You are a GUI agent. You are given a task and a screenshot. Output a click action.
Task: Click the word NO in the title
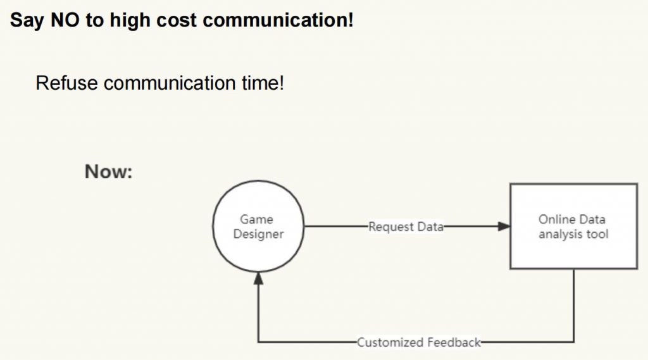click(65, 20)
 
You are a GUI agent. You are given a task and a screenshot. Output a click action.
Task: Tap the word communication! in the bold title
click(278, 20)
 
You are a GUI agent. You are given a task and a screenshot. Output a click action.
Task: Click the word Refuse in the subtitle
click(66, 83)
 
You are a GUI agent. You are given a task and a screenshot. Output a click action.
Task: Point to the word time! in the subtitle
click(263, 83)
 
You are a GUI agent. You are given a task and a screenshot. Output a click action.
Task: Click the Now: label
click(109, 171)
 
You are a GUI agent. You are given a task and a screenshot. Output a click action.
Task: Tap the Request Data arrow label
click(406, 227)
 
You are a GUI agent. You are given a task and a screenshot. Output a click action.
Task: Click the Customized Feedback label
click(419, 342)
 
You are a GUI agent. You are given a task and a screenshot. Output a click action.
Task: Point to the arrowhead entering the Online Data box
click(504, 226)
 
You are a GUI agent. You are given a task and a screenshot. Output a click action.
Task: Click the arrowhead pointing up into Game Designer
click(258, 278)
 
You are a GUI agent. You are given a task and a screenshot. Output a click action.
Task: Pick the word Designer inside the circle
click(258, 234)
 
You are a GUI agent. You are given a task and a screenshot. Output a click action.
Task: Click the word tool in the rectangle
click(597, 234)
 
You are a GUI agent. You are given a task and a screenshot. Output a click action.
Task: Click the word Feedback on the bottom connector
click(454, 342)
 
